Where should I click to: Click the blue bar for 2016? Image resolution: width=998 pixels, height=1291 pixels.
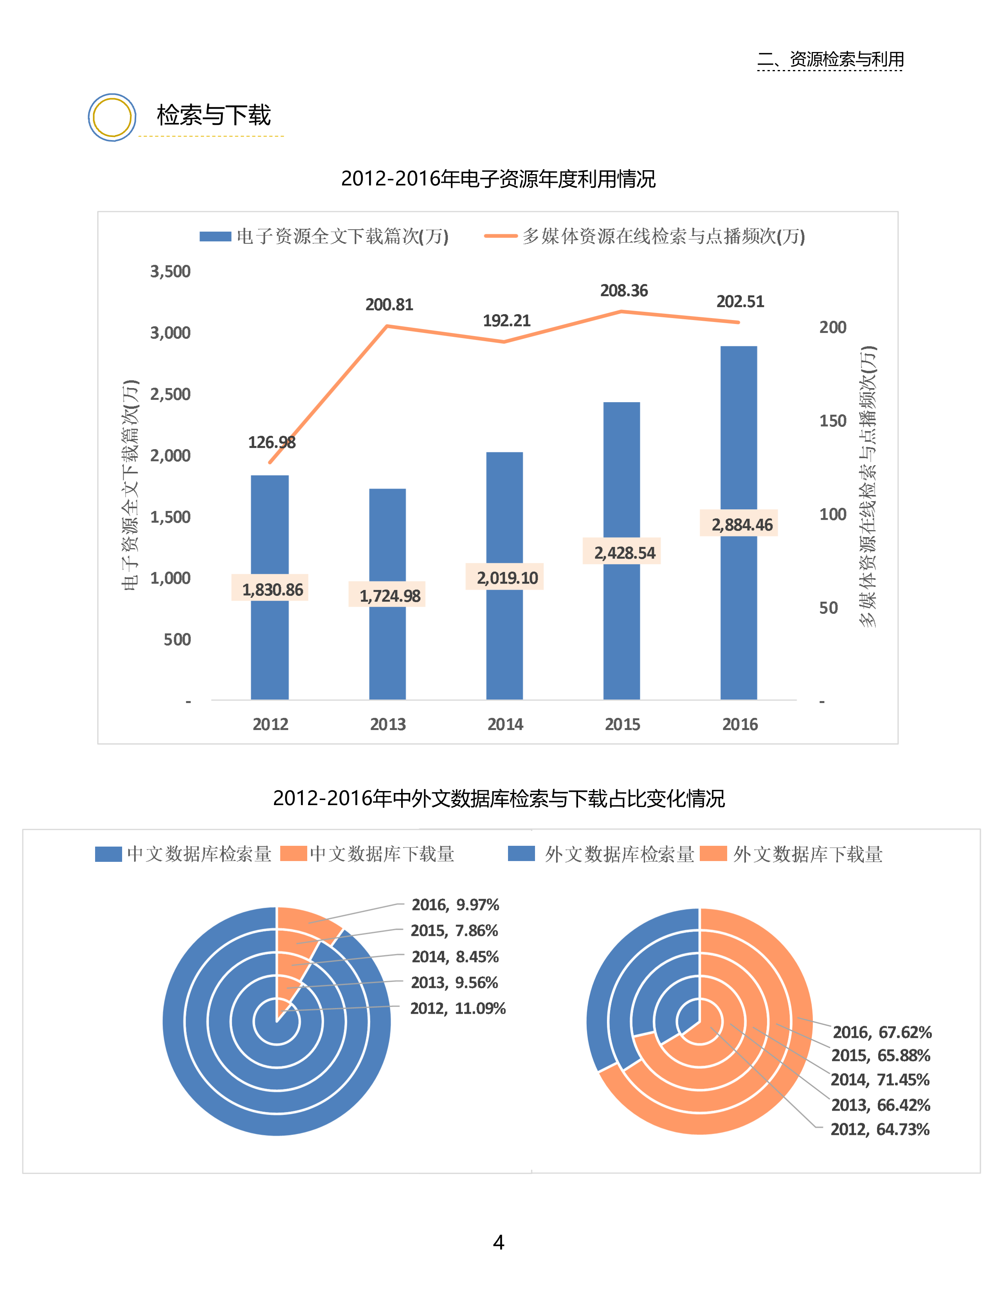739,437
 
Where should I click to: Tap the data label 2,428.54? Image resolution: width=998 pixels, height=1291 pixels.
624,553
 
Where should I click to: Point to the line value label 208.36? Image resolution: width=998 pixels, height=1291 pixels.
624,291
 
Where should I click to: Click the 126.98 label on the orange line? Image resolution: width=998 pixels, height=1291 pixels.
271,442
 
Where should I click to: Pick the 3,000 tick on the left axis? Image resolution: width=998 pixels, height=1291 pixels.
170,333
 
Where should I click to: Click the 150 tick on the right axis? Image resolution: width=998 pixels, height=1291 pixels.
832,421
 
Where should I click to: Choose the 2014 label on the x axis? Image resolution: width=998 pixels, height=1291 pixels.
505,724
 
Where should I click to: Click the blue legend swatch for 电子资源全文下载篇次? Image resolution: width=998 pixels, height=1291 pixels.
215,236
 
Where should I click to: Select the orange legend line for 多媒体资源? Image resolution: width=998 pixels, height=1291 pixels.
500,236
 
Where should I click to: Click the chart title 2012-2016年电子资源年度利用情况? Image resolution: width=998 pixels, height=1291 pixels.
498,178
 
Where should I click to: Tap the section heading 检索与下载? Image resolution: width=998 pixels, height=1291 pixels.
213,115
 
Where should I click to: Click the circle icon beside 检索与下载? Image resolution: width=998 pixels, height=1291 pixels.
112,117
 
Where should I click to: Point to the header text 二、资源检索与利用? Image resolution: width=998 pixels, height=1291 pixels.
830,59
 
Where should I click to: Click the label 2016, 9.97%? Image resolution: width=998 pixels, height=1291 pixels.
455,904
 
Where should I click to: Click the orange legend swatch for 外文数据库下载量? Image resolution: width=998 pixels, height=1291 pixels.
713,854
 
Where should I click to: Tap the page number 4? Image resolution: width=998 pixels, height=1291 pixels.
498,1242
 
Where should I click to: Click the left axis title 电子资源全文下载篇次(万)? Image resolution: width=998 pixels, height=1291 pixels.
130,485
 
